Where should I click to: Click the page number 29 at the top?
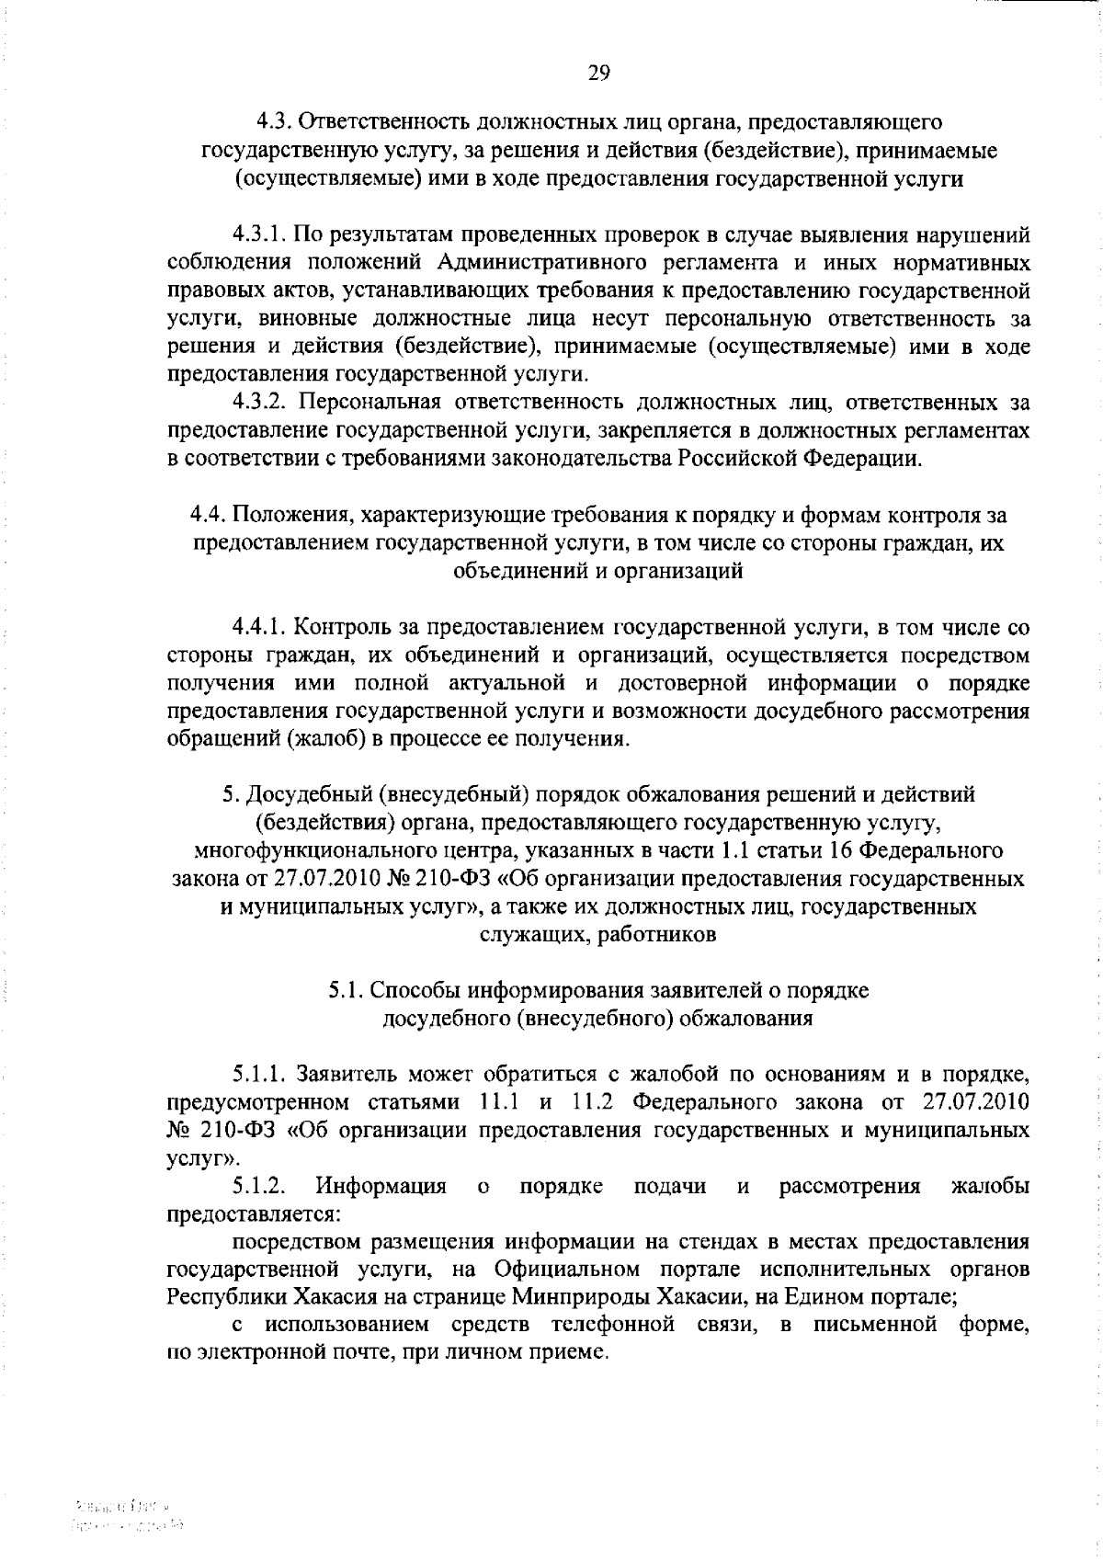pyautogui.click(x=598, y=74)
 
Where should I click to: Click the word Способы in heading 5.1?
pyautogui.click(x=418, y=990)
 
